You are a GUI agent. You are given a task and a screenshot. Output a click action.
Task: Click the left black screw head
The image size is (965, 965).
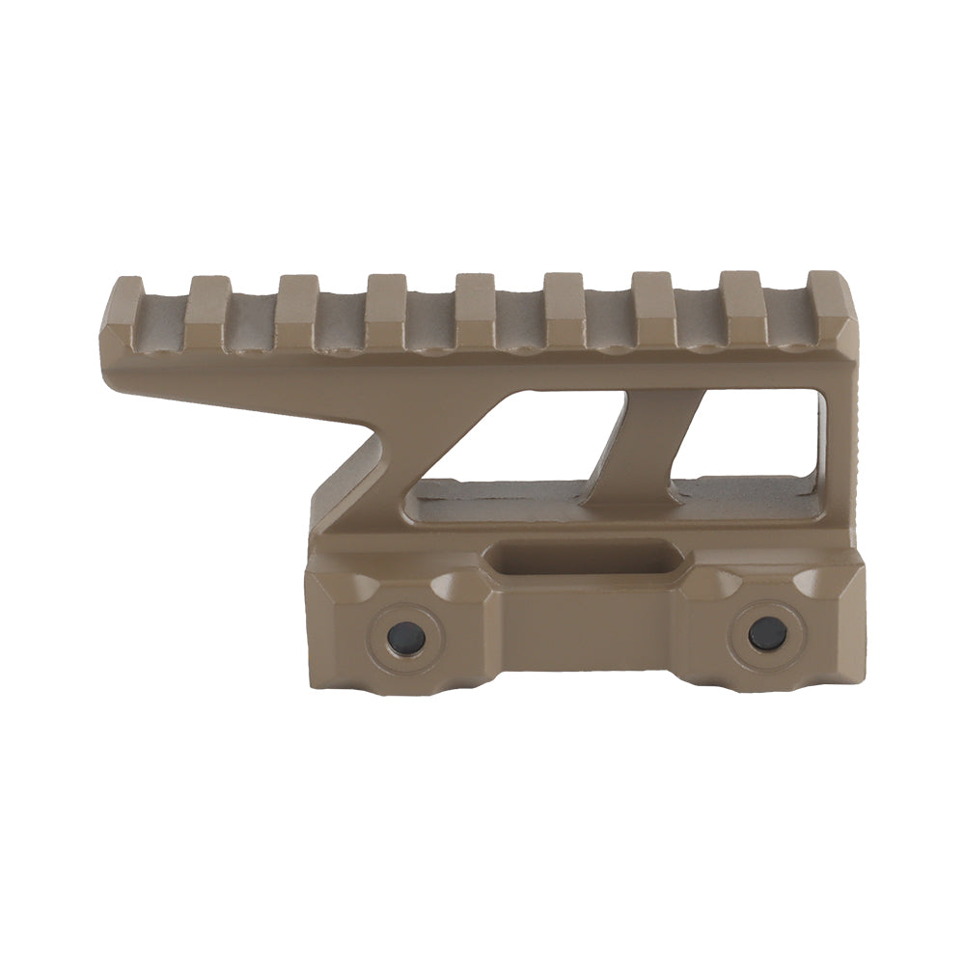(x=405, y=637)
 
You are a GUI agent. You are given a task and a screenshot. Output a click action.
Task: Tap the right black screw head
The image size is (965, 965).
(x=767, y=632)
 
